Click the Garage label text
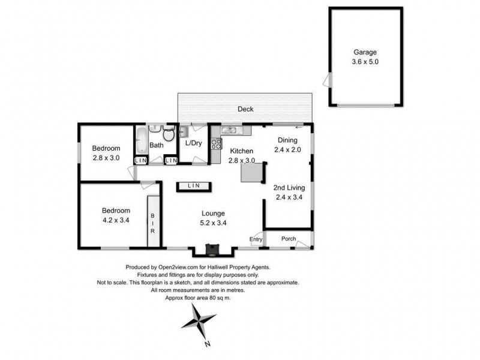coord(365,53)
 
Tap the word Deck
coord(245,109)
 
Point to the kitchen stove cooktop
coord(215,143)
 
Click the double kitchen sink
coord(230,130)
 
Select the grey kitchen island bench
coord(252,173)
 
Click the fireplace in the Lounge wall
coord(211,248)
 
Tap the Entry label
coord(256,239)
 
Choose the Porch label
coord(289,239)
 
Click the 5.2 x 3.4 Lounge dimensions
coord(213,223)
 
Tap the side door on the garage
coord(326,80)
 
